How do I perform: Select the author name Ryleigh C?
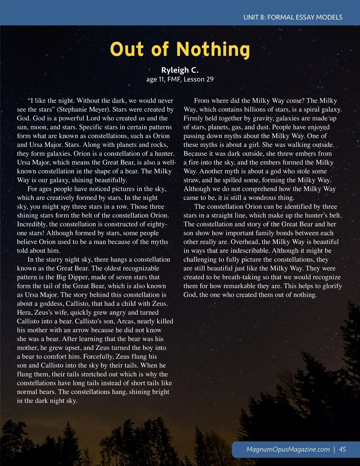(x=180, y=70)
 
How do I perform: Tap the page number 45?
(x=342, y=449)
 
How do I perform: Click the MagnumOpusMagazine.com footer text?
(x=288, y=449)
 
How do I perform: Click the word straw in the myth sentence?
(x=191, y=180)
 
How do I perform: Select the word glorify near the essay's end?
(x=332, y=286)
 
